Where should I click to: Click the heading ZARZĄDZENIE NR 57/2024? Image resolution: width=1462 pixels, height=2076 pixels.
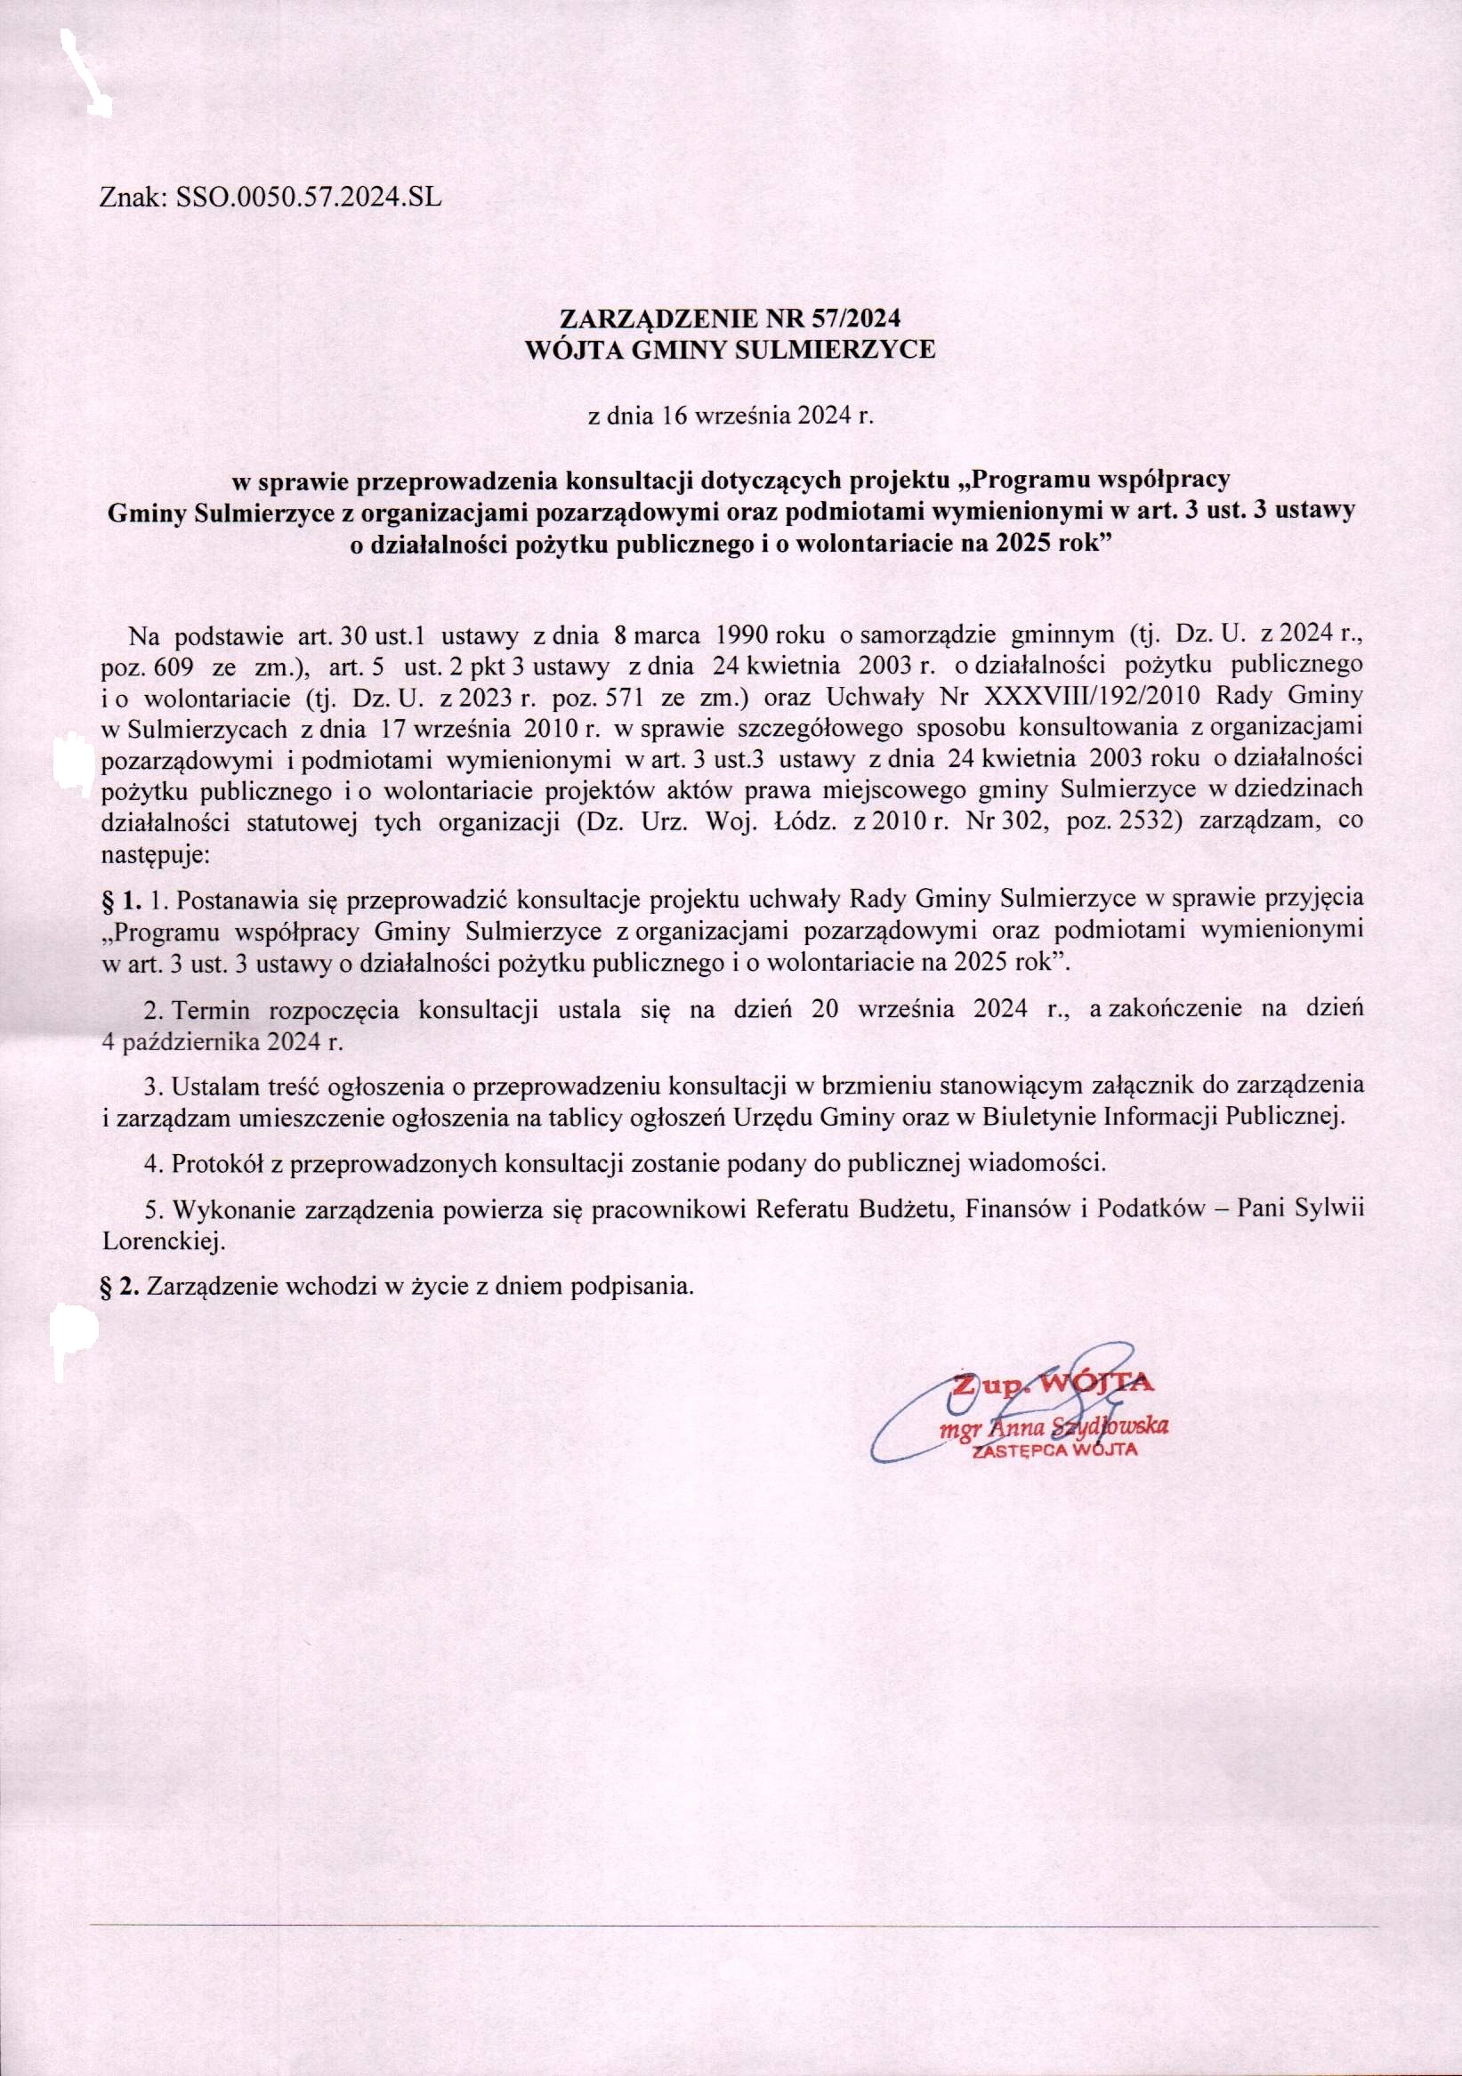coord(731,319)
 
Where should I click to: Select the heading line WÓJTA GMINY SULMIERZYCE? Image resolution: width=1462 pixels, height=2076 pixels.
coord(731,350)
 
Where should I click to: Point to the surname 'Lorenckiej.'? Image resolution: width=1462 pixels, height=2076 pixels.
coord(163,1244)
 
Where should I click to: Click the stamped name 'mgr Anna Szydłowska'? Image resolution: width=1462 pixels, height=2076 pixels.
coord(1054,1426)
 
